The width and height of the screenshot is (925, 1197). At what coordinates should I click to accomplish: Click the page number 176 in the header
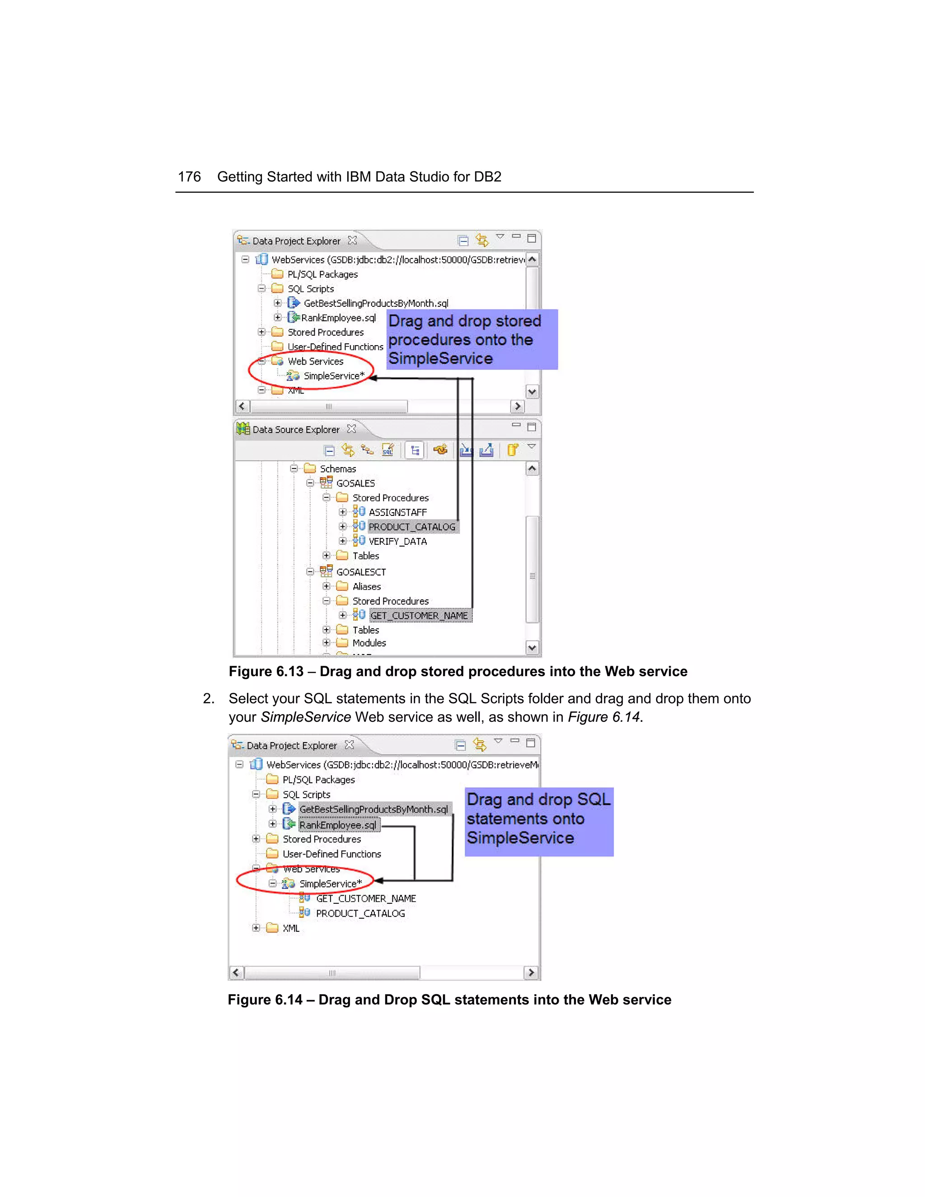click(x=189, y=177)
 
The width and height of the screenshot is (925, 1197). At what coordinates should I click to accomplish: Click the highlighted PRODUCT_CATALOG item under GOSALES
click(x=411, y=527)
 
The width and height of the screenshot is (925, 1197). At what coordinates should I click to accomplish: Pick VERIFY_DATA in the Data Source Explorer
click(x=397, y=542)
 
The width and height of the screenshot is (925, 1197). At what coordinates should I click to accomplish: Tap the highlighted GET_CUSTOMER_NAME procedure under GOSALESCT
click(x=419, y=616)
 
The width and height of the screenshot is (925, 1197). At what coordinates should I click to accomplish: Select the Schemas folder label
click(x=337, y=468)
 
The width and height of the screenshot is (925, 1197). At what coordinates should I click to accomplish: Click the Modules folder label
click(x=369, y=643)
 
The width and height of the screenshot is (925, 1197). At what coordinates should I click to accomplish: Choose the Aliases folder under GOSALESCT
click(x=366, y=586)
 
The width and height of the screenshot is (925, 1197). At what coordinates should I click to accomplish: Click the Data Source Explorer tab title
click(x=295, y=430)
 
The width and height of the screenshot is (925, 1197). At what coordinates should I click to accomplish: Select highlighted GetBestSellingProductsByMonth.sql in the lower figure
click(x=373, y=809)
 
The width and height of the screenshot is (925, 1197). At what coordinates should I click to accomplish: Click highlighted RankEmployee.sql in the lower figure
click(x=337, y=825)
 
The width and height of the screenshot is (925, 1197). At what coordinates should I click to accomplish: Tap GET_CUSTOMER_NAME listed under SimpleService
click(x=365, y=898)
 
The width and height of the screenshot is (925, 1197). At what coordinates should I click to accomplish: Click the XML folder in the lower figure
click(x=290, y=928)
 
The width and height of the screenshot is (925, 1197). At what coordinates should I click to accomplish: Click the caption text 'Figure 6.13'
click(x=266, y=671)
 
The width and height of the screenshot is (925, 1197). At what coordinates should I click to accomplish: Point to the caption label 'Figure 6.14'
click(x=265, y=1000)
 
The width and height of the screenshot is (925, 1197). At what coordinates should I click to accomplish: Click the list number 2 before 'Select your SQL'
click(x=208, y=698)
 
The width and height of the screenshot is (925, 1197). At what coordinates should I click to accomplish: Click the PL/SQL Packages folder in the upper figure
click(x=322, y=274)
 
